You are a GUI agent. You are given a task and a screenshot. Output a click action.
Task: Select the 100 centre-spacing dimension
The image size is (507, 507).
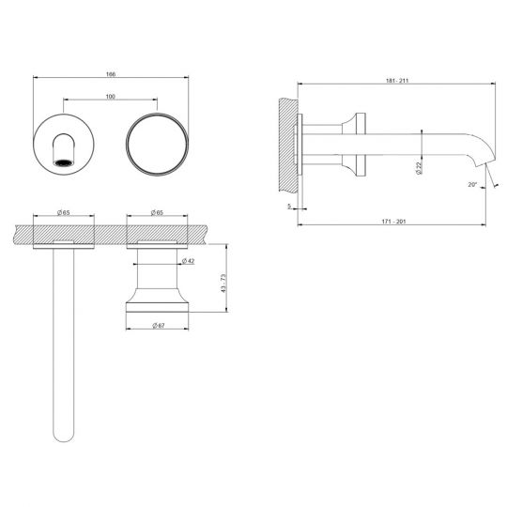(110, 95)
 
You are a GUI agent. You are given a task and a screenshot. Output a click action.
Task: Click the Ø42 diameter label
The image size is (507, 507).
(188, 260)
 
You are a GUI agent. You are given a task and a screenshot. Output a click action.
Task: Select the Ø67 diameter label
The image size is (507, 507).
(159, 325)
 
